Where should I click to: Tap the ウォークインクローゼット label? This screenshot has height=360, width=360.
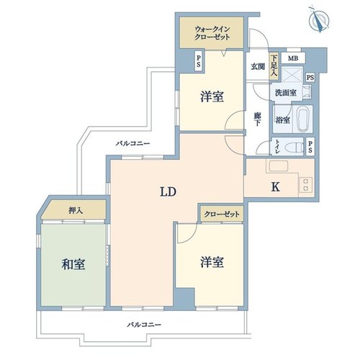click(212, 33)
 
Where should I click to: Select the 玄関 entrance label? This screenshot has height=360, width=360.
click(258, 66)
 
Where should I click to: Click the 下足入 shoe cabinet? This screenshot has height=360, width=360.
click(274, 66)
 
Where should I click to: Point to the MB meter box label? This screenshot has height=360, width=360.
click(293, 58)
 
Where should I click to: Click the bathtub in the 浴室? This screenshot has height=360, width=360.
click(302, 120)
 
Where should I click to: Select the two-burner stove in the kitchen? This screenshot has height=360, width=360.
click(305, 184)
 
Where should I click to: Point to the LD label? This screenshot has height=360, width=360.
click(168, 192)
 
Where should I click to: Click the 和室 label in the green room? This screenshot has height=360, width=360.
click(73, 264)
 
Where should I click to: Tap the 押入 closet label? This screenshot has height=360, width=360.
click(76, 210)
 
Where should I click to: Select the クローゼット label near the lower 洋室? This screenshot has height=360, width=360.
click(222, 214)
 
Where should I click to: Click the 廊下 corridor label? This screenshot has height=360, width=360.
click(258, 120)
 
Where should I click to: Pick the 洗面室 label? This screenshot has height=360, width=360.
click(285, 93)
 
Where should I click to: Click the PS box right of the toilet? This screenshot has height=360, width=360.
click(310, 147)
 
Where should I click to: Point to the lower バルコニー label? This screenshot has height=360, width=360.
click(144, 325)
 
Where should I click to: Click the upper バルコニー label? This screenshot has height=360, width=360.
click(133, 144)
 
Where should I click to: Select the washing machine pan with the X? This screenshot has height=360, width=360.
click(292, 74)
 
